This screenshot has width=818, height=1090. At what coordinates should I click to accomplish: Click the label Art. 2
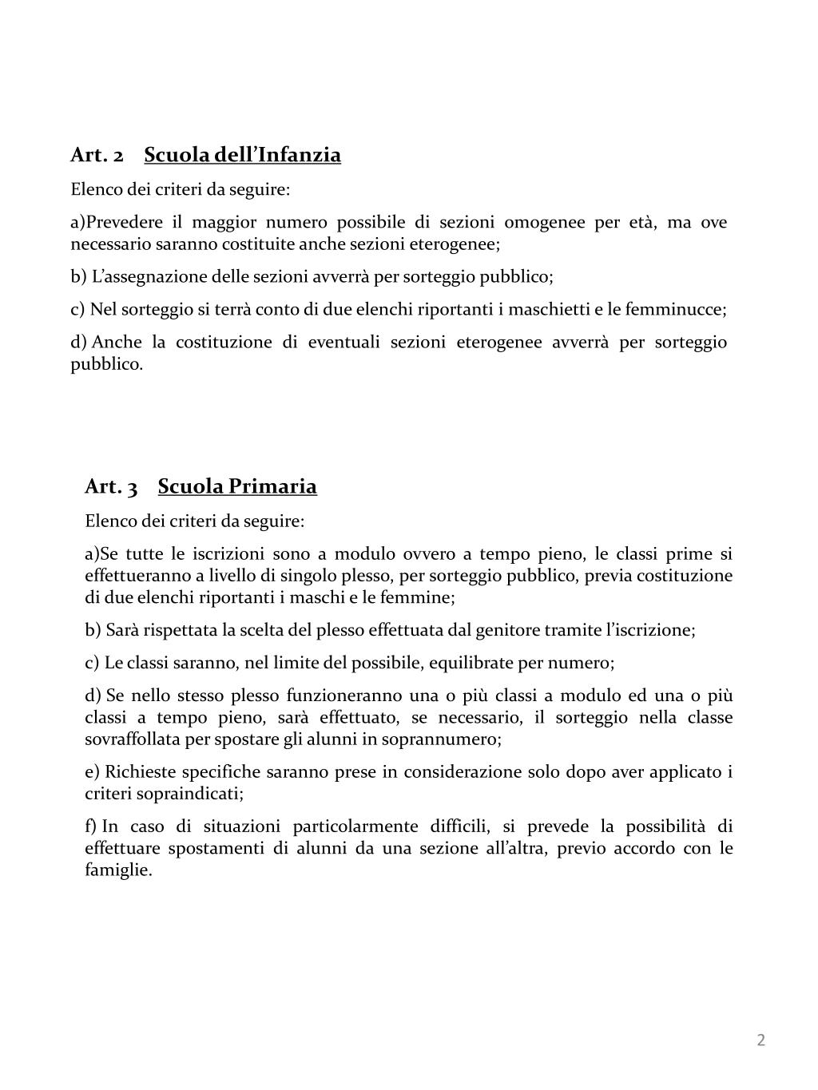tap(97, 155)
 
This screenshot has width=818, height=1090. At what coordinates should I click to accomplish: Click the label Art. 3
tap(111, 486)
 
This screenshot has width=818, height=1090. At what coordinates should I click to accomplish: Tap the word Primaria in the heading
tap(272, 486)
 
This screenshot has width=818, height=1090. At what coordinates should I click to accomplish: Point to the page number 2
tap(760, 1040)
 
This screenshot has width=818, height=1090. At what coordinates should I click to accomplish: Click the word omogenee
tap(544, 222)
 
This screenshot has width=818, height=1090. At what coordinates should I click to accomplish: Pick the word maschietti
tap(550, 310)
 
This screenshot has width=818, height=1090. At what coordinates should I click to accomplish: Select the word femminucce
tap(675, 310)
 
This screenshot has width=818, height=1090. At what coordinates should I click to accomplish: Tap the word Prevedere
tap(124, 222)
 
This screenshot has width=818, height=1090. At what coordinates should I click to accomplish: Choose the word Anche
tap(117, 343)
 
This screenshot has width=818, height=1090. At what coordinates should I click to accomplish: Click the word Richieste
tap(140, 772)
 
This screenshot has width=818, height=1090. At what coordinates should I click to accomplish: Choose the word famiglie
tap(118, 870)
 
